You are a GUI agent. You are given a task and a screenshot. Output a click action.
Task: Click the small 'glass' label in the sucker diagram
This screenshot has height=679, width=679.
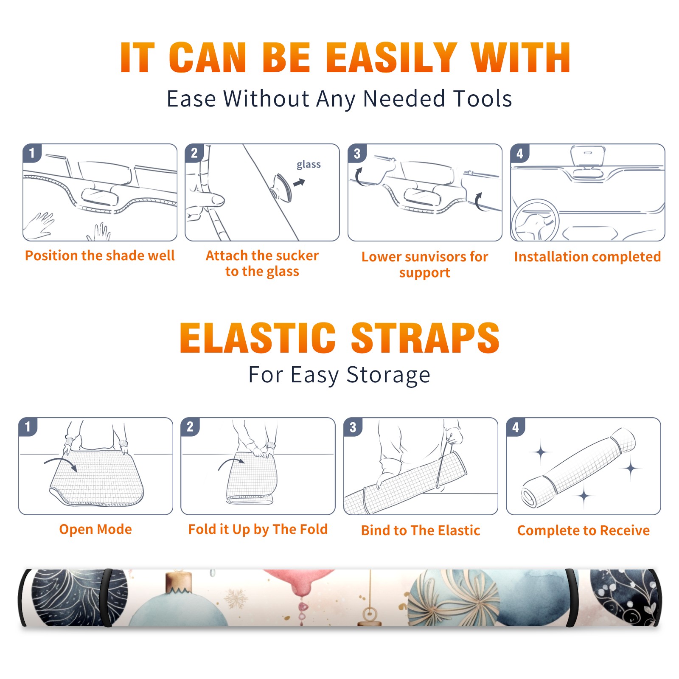tap(309, 165)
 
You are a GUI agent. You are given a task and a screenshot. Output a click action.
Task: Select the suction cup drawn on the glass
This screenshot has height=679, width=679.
tap(281, 187)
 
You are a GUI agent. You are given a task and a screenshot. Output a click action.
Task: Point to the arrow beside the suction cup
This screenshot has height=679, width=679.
tap(299, 182)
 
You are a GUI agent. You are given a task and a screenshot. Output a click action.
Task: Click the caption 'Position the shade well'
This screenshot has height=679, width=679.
tap(100, 255)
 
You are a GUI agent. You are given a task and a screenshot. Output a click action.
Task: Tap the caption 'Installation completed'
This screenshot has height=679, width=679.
tap(587, 256)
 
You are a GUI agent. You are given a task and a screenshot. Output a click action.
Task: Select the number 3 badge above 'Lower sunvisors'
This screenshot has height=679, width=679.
tap(357, 153)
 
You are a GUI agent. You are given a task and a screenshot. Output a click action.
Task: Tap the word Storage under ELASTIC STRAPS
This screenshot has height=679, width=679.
tap(388, 375)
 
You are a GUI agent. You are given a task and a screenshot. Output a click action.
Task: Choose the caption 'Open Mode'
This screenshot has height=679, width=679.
tap(95, 529)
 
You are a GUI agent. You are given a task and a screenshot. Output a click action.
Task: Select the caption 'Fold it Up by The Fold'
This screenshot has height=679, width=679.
tap(258, 530)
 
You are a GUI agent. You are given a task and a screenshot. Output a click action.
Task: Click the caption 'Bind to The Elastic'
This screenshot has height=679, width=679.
tap(421, 530)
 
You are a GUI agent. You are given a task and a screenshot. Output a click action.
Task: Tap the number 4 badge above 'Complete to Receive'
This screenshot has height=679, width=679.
tap(516, 427)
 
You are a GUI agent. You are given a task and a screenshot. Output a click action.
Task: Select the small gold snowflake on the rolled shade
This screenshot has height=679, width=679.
tap(236, 598)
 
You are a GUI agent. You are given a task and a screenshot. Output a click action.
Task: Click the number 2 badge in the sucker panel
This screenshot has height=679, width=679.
tap(194, 153)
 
